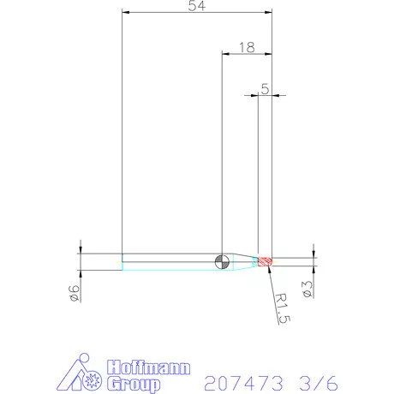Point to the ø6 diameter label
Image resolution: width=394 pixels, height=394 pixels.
point(75,292)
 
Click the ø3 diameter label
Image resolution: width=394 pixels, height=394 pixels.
point(305,288)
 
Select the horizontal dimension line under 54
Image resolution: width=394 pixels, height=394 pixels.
point(196,13)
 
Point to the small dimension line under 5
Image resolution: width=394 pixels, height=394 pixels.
point(265,95)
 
